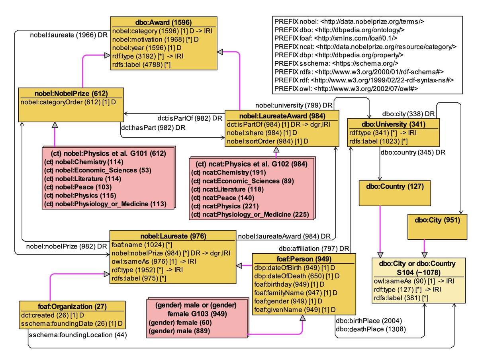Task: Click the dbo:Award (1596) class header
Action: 164,22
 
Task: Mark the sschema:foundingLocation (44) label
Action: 77,335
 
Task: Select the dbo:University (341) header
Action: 394,123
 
